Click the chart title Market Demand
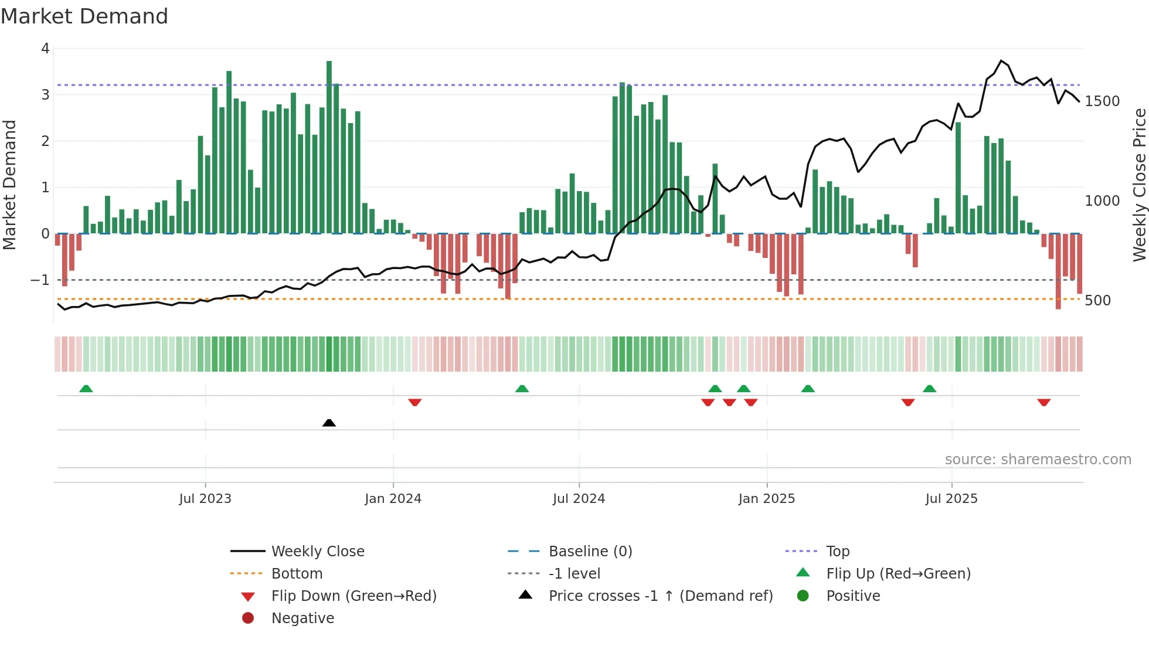tap(84, 16)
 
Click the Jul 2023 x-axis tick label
tap(205, 499)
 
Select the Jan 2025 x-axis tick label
tap(766, 499)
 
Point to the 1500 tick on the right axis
tap(1102, 101)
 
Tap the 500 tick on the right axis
tap(1097, 301)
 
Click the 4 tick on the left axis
tap(45, 49)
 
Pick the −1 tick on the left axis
tap(40, 280)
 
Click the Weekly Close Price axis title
tap(1139, 185)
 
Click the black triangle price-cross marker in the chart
tap(329, 423)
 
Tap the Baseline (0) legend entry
tap(590, 552)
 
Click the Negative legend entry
tap(302, 618)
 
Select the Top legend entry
tap(837, 552)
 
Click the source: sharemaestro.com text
tap(1038, 460)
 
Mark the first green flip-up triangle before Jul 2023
tap(86, 389)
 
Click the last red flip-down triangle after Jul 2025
tap(1043, 402)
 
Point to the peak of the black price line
tap(1001, 60)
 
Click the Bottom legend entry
tap(297, 574)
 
